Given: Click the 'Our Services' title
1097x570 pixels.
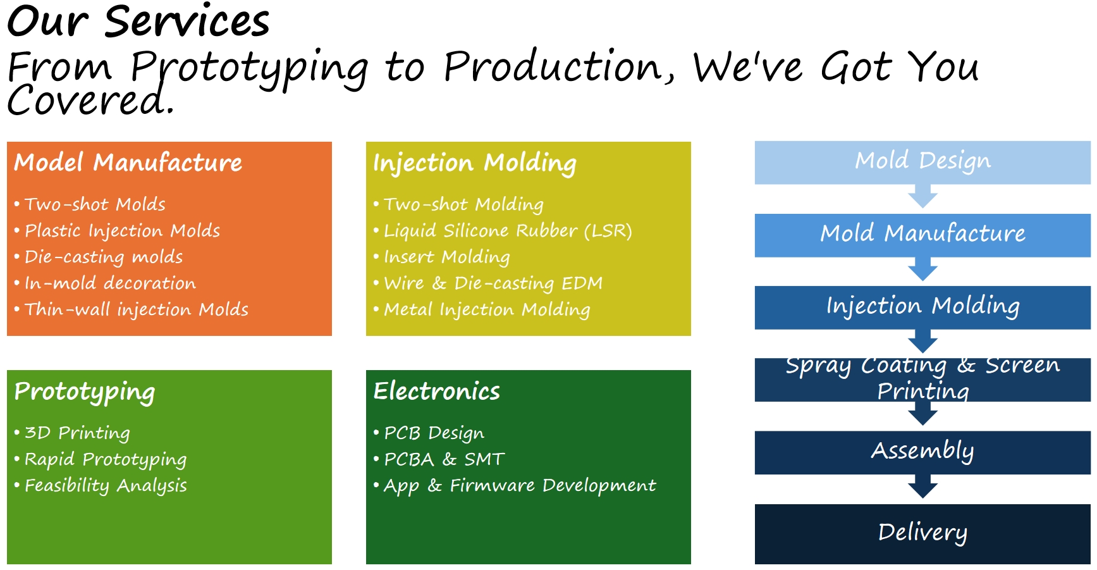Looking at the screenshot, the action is (x=138, y=22).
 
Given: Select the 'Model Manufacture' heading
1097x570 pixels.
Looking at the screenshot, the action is (x=128, y=163).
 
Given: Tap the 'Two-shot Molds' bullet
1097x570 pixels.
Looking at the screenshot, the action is (x=95, y=204).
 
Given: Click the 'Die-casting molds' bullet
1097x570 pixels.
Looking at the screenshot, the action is (x=104, y=257).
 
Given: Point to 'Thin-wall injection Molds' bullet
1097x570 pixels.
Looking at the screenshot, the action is (x=137, y=309).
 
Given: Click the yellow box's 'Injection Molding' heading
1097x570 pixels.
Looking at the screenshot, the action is (x=475, y=163).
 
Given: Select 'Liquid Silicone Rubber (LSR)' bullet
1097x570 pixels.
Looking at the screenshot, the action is (x=508, y=231).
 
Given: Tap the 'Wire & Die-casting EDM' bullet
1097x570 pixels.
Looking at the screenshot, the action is (x=493, y=283).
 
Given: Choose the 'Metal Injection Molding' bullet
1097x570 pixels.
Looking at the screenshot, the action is (x=487, y=309).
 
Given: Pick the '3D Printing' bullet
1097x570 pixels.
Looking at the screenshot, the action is (x=77, y=433).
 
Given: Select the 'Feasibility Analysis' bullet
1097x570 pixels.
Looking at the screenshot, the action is (x=106, y=485).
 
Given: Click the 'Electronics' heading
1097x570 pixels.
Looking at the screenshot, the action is (x=437, y=391).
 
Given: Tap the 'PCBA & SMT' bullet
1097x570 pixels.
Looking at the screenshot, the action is (x=444, y=459).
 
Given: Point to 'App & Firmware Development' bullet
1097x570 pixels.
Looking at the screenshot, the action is (x=520, y=485).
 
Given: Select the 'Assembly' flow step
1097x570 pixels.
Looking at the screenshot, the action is (x=922, y=452).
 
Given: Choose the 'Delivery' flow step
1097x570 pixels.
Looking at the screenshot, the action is (x=922, y=533).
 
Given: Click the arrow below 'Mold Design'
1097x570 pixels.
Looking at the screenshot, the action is (x=922, y=197).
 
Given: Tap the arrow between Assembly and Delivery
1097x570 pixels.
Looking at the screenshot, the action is (x=922, y=486).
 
